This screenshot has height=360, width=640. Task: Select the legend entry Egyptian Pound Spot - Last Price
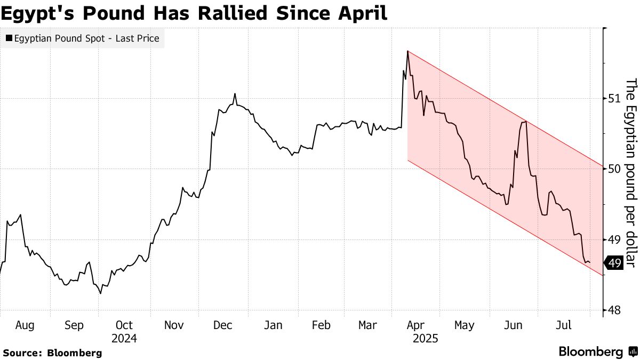[x=83, y=38]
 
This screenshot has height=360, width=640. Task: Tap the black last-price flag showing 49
[x=614, y=263]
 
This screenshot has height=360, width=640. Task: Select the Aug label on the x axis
[x=25, y=325]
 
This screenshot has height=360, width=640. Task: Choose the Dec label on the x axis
[x=223, y=325]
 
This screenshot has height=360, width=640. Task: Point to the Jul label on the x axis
[x=564, y=325]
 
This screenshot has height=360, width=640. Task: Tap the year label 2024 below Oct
[x=124, y=338]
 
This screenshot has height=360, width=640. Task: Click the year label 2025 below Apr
[x=426, y=338]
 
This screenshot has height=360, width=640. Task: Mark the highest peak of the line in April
[x=407, y=51]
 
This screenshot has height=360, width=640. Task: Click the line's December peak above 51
[x=235, y=94]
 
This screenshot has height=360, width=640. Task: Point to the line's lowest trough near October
[x=100, y=293]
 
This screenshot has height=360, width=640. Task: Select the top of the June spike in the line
[x=526, y=122]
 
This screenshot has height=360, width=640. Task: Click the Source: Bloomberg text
[x=52, y=353]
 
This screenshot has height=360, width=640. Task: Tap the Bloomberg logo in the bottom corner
[x=597, y=352]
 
